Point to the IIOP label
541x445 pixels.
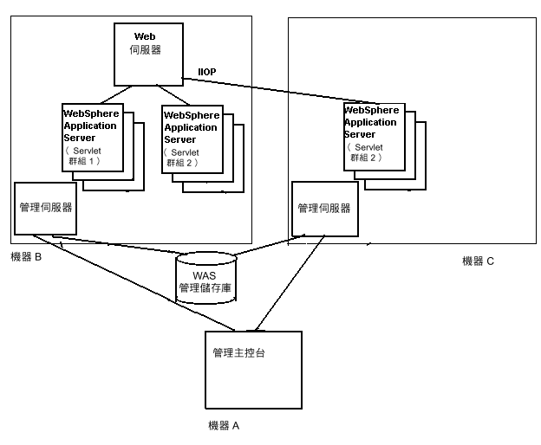[206, 72]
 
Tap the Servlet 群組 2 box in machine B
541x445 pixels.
[192, 139]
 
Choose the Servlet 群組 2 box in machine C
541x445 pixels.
[373, 138]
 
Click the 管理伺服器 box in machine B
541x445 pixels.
[45, 209]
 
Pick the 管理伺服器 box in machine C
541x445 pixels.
[323, 209]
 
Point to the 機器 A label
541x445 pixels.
[224, 425]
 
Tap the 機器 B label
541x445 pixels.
[26, 256]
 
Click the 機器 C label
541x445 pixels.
[478, 261]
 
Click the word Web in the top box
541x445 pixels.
[145, 36]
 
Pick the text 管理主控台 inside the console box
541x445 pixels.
[238, 353]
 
